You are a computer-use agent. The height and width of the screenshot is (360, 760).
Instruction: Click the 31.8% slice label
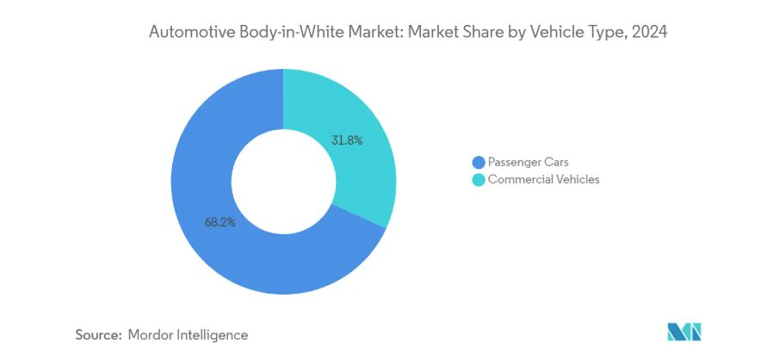[348, 140]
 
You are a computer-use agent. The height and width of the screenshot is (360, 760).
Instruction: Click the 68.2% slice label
[219, 221]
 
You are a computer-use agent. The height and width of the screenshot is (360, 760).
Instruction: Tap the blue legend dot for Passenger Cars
[479, 163]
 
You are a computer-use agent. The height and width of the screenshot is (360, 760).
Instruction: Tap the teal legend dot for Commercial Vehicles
[479, 180]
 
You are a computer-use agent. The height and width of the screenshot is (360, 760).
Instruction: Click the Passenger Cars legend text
[528, 163]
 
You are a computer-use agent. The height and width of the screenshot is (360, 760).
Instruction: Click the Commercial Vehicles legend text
[543, 180]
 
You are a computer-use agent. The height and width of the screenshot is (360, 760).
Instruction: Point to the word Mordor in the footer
[151, 334]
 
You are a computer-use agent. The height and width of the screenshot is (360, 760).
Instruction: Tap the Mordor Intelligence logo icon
[684, 332]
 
